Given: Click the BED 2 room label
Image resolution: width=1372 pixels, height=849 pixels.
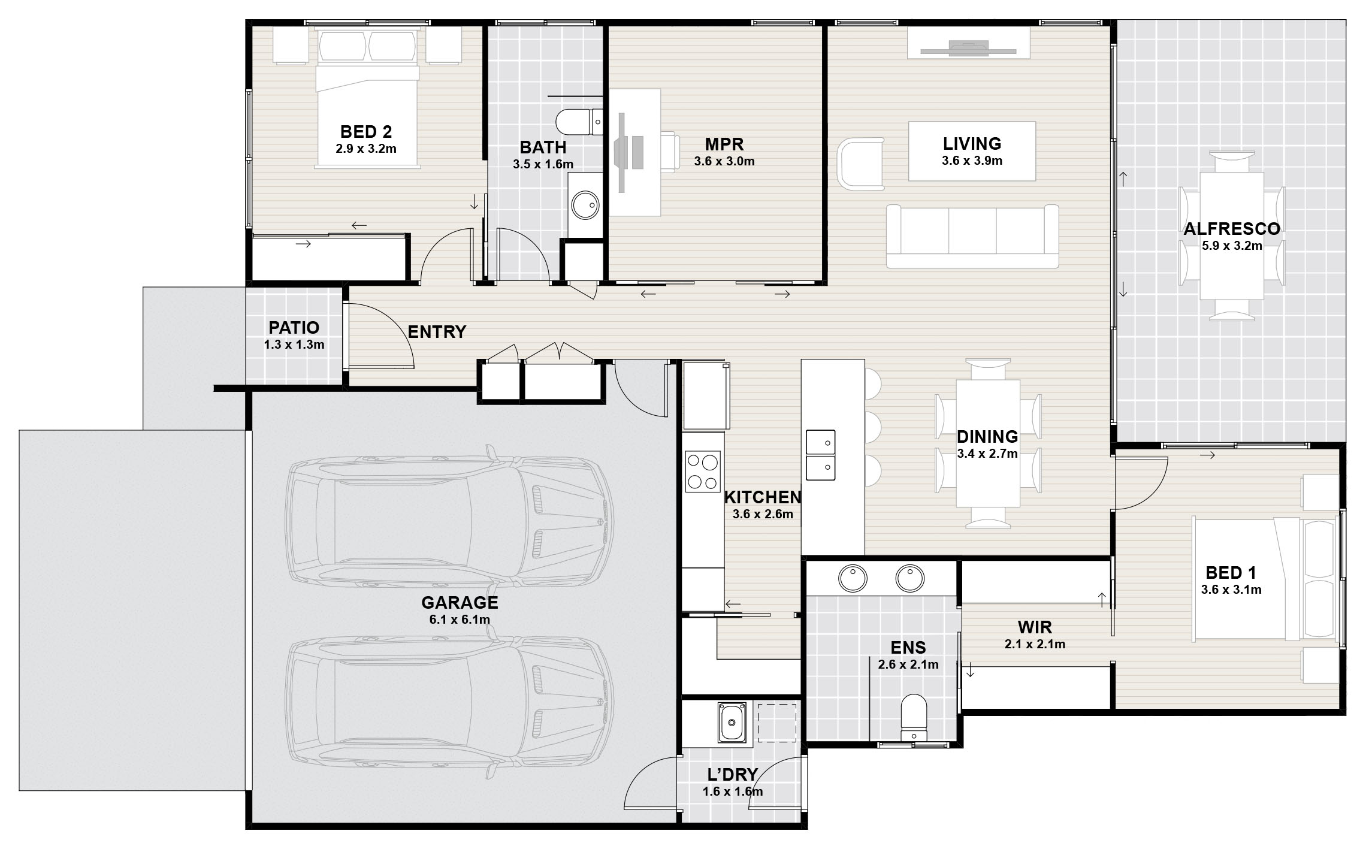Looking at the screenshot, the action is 366,131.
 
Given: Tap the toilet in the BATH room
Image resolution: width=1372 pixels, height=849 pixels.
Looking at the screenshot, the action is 579,122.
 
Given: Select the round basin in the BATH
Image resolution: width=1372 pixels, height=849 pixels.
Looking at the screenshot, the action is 584,205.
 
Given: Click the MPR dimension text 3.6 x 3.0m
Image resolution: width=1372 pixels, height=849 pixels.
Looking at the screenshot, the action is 724,161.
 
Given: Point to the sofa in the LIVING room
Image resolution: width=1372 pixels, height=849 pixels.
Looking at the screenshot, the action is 972,236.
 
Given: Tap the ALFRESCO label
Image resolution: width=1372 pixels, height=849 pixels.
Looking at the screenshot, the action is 1232,229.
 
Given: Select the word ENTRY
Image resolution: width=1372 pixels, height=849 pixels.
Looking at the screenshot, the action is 437,332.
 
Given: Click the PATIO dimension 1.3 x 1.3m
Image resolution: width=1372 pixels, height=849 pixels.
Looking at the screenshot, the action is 294,345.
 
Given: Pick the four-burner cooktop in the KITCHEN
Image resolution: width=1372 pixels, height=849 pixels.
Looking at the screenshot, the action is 703,472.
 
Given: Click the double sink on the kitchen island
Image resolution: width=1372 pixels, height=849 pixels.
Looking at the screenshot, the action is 820,455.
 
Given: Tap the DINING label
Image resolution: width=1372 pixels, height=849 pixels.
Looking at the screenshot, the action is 987,436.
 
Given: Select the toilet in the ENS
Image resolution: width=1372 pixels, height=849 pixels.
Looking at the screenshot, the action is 914,717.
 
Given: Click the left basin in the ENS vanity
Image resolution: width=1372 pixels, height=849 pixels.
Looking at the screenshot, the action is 852,579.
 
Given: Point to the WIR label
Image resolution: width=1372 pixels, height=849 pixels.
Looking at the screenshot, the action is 1035,628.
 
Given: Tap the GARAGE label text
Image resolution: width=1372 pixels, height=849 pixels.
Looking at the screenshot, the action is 460,602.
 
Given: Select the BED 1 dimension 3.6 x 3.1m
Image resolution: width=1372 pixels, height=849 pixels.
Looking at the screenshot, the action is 1231,590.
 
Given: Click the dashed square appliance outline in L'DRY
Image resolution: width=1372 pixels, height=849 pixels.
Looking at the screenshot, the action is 777,723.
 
